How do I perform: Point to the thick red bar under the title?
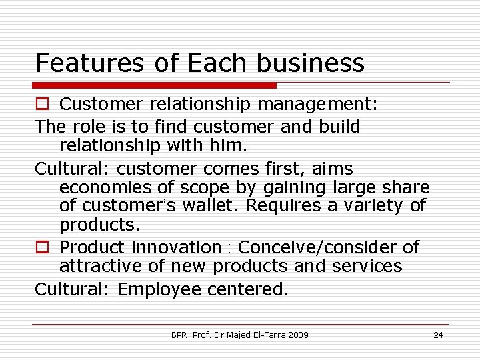(154, 85)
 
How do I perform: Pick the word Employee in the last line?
(159, 289)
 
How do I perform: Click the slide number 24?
(438, 335)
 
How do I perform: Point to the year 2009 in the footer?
(298, 335)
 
